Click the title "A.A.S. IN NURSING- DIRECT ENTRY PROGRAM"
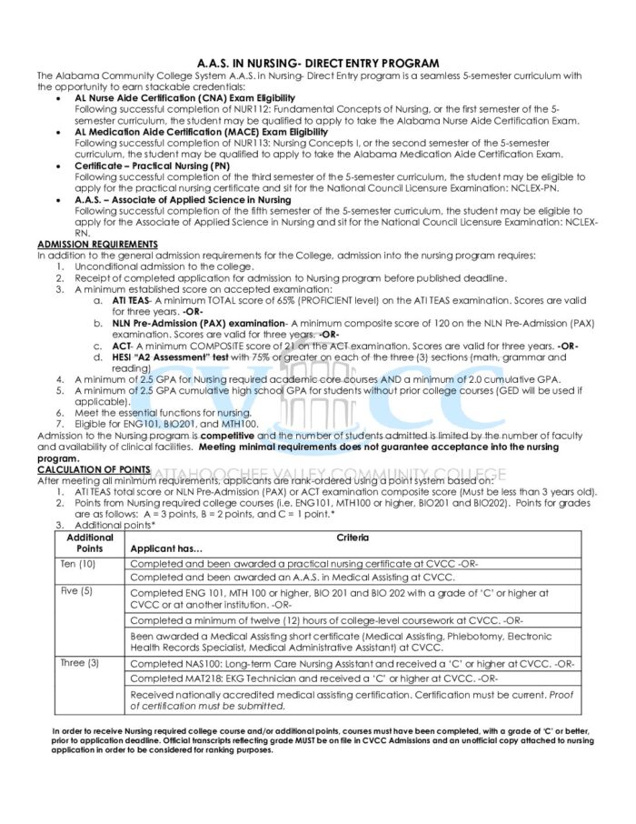(317, 63)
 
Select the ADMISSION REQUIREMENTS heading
(97, 245)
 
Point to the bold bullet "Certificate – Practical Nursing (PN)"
(153, 166)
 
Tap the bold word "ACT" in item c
(119, 346)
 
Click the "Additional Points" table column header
(90, 543)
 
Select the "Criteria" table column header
(353, 538)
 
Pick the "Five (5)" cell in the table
(77, 591)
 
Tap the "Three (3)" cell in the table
(80, 663)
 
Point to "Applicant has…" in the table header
(167, 549)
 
